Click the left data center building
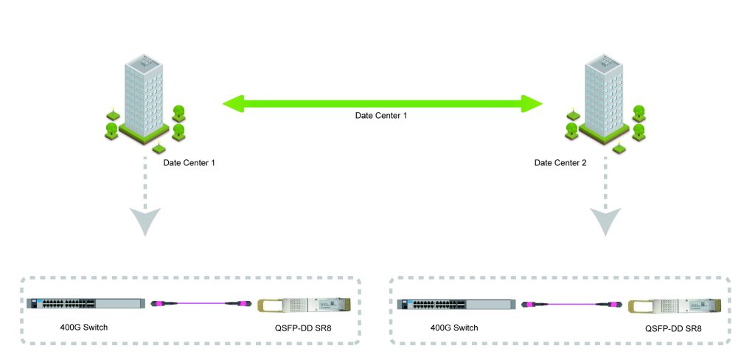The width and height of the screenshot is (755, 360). (x=145, y=100)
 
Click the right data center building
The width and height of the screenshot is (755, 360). (x=605, y=100)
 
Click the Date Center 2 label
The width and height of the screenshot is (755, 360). (x=560, y=162)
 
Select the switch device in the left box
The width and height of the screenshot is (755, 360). (x=84, y=304)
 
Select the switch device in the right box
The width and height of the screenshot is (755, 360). (x=455, y=304)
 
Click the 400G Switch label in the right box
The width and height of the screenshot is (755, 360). (x=454, y=328)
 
